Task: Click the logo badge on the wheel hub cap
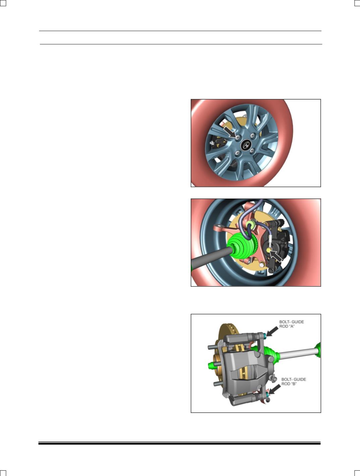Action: (x=246, y=145)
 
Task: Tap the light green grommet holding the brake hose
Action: (x=251, y=224)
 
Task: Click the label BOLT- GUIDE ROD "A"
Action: (x=291, y=324)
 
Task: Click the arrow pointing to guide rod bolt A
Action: (x=273, y=331)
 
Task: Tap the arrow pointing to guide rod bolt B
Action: (x=274, y=389)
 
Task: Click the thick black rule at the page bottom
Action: (x=179, y=444)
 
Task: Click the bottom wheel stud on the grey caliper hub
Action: (x=218, y=384)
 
